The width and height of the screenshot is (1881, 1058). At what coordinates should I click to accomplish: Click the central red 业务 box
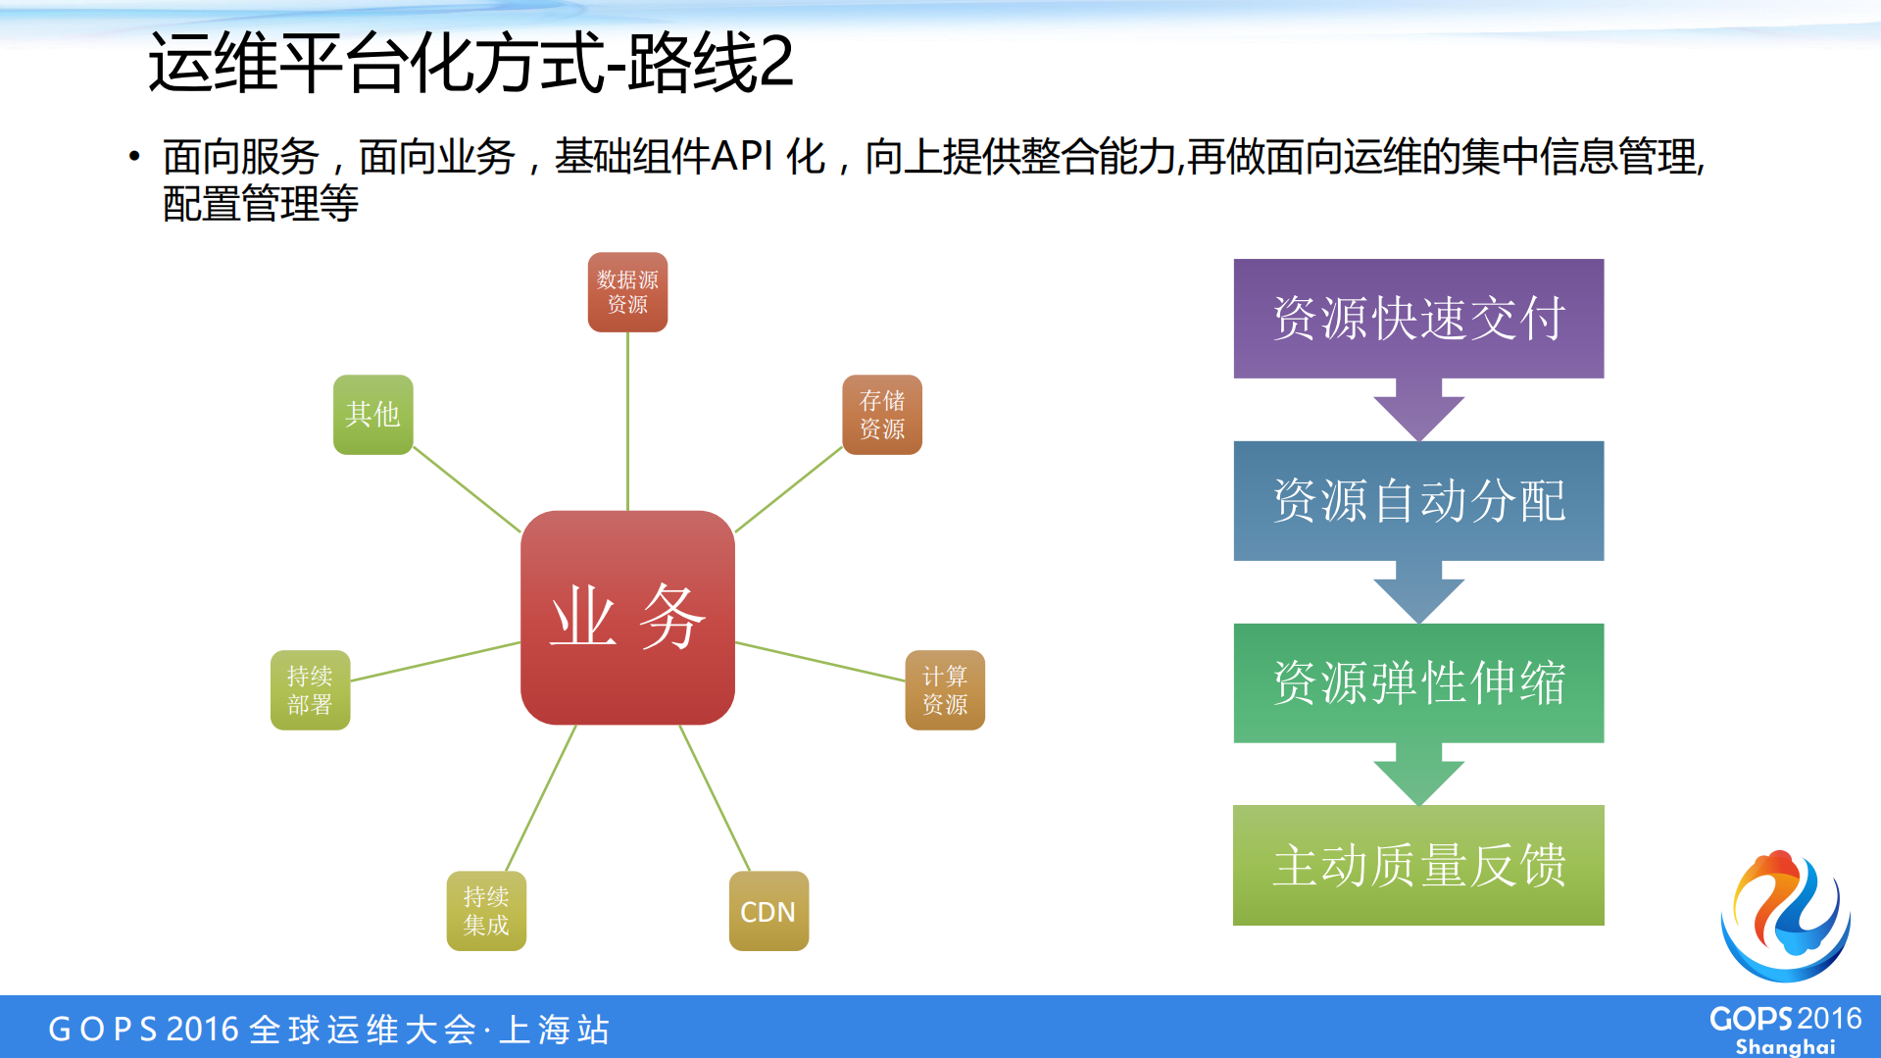pos(627,618)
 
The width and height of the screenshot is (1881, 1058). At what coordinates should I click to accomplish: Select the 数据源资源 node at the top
pos(627,292)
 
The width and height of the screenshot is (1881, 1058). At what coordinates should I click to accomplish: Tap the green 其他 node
pos(372,415)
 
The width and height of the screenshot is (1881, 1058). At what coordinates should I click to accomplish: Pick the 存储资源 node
pos(882,415)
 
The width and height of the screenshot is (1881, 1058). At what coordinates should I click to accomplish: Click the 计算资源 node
pos(944,690)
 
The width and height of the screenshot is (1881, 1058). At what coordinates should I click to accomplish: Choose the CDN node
pos(768,911)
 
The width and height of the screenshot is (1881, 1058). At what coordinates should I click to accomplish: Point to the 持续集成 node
pos(486,911)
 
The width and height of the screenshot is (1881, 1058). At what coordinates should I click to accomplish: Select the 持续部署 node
pos(310,690)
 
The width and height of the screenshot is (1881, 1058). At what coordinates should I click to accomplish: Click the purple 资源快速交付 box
pos(1418,319)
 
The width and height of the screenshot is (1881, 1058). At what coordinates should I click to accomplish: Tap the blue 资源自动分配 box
pos(1418,501)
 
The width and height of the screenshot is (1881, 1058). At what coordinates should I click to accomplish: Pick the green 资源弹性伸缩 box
pos(1418,683)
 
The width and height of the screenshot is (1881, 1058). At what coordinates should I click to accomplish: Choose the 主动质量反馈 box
pos(1418,865)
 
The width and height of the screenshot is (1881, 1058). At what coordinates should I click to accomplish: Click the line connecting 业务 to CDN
pos(715,798)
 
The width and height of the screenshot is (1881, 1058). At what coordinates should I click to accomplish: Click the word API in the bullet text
pos(742,157)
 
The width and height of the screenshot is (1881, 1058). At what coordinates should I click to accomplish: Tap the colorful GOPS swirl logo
pos(1785,915)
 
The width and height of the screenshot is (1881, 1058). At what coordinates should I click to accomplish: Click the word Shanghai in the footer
pos(1785,1046)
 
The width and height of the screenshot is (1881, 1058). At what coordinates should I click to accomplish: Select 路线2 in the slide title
pos(710,64)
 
